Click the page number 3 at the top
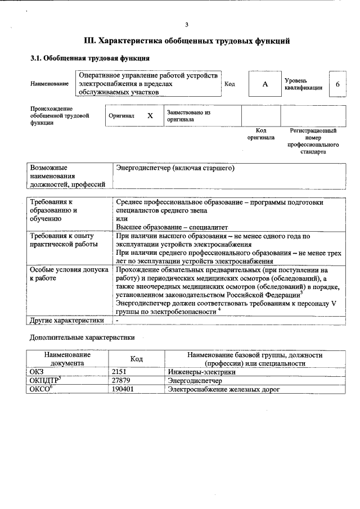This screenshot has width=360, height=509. click(x=186, y=24)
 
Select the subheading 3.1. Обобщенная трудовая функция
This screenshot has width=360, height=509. click(x=89, y=58)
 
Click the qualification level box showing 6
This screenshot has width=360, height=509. click(x=337, y=84)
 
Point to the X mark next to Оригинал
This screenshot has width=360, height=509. click(x=150, y=116)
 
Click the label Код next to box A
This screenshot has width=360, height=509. click(x=229, y=84)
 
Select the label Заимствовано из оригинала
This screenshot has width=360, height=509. click(x=188, y=116)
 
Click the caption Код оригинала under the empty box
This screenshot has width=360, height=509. click(x=261, y=134)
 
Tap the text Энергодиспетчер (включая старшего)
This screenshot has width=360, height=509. click(x=174, y=168)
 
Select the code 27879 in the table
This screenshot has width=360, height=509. click(x=123, y=381)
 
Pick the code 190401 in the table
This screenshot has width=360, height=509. click(x=124, y=389)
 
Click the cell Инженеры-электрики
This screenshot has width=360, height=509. click(x=201, y=372)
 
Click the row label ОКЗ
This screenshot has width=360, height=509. click(x=37, y=372)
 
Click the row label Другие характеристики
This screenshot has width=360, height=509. click(x=67, y=321)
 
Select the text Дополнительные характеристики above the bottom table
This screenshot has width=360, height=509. click(x=82, y=338)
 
